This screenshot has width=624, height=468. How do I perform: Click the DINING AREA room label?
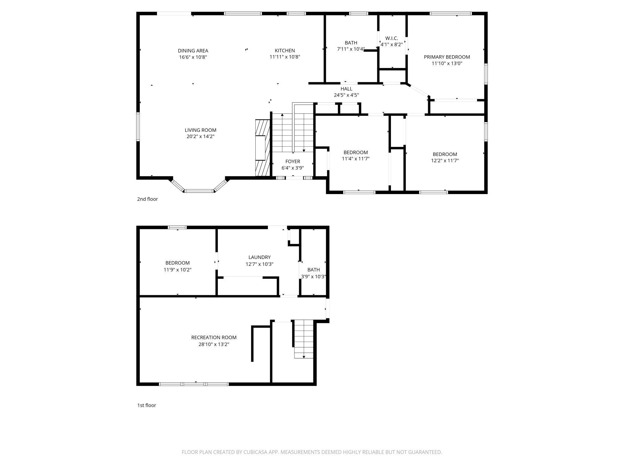(193, 51)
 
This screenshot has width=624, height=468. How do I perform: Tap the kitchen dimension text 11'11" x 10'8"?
(285, 57)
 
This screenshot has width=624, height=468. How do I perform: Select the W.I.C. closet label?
(391, 38)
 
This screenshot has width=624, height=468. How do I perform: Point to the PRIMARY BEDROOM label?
(447, 57)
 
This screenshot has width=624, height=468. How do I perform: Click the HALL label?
(346, 89)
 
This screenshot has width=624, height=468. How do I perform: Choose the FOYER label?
(292, 162)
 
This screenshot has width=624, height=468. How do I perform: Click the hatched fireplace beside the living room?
(260, 148)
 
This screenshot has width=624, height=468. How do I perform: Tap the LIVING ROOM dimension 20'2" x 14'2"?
(200, 136)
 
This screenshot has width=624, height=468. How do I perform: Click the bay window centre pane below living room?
(199, 191)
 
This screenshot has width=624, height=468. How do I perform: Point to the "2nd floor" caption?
(147, 199)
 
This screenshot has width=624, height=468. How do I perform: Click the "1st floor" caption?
(146, 405)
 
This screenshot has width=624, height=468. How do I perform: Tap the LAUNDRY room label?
(259, 257)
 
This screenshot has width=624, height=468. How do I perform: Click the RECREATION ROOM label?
(214, 337)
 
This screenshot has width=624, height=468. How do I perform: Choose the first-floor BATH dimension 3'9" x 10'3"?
(313, 277)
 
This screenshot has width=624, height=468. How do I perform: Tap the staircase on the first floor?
(304, 339)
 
